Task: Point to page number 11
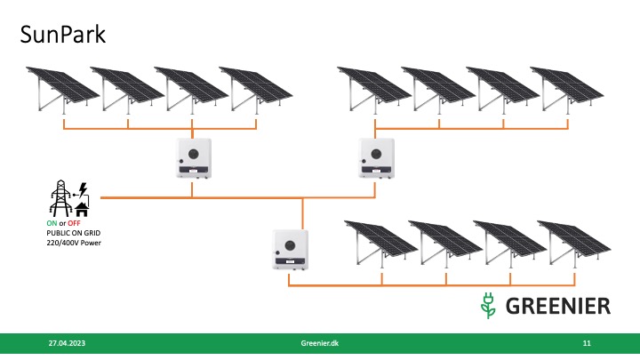pos(587,342)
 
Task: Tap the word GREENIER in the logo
pos(558,306)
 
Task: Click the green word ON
pos(52,222)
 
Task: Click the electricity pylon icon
pos(61,198)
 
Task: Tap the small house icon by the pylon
pos(81,207)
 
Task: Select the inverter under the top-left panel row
pos(193,161)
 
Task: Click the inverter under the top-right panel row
pos(374,159)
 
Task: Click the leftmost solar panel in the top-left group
pos(58,86)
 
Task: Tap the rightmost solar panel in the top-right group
pos(566,87)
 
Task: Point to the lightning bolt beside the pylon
pos(82,189)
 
